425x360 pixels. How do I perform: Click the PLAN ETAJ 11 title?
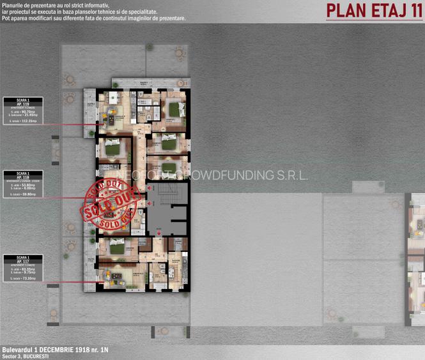point(374,10)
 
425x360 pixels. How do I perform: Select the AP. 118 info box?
point(23,183)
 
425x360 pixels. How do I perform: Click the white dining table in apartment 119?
point(114,97)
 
